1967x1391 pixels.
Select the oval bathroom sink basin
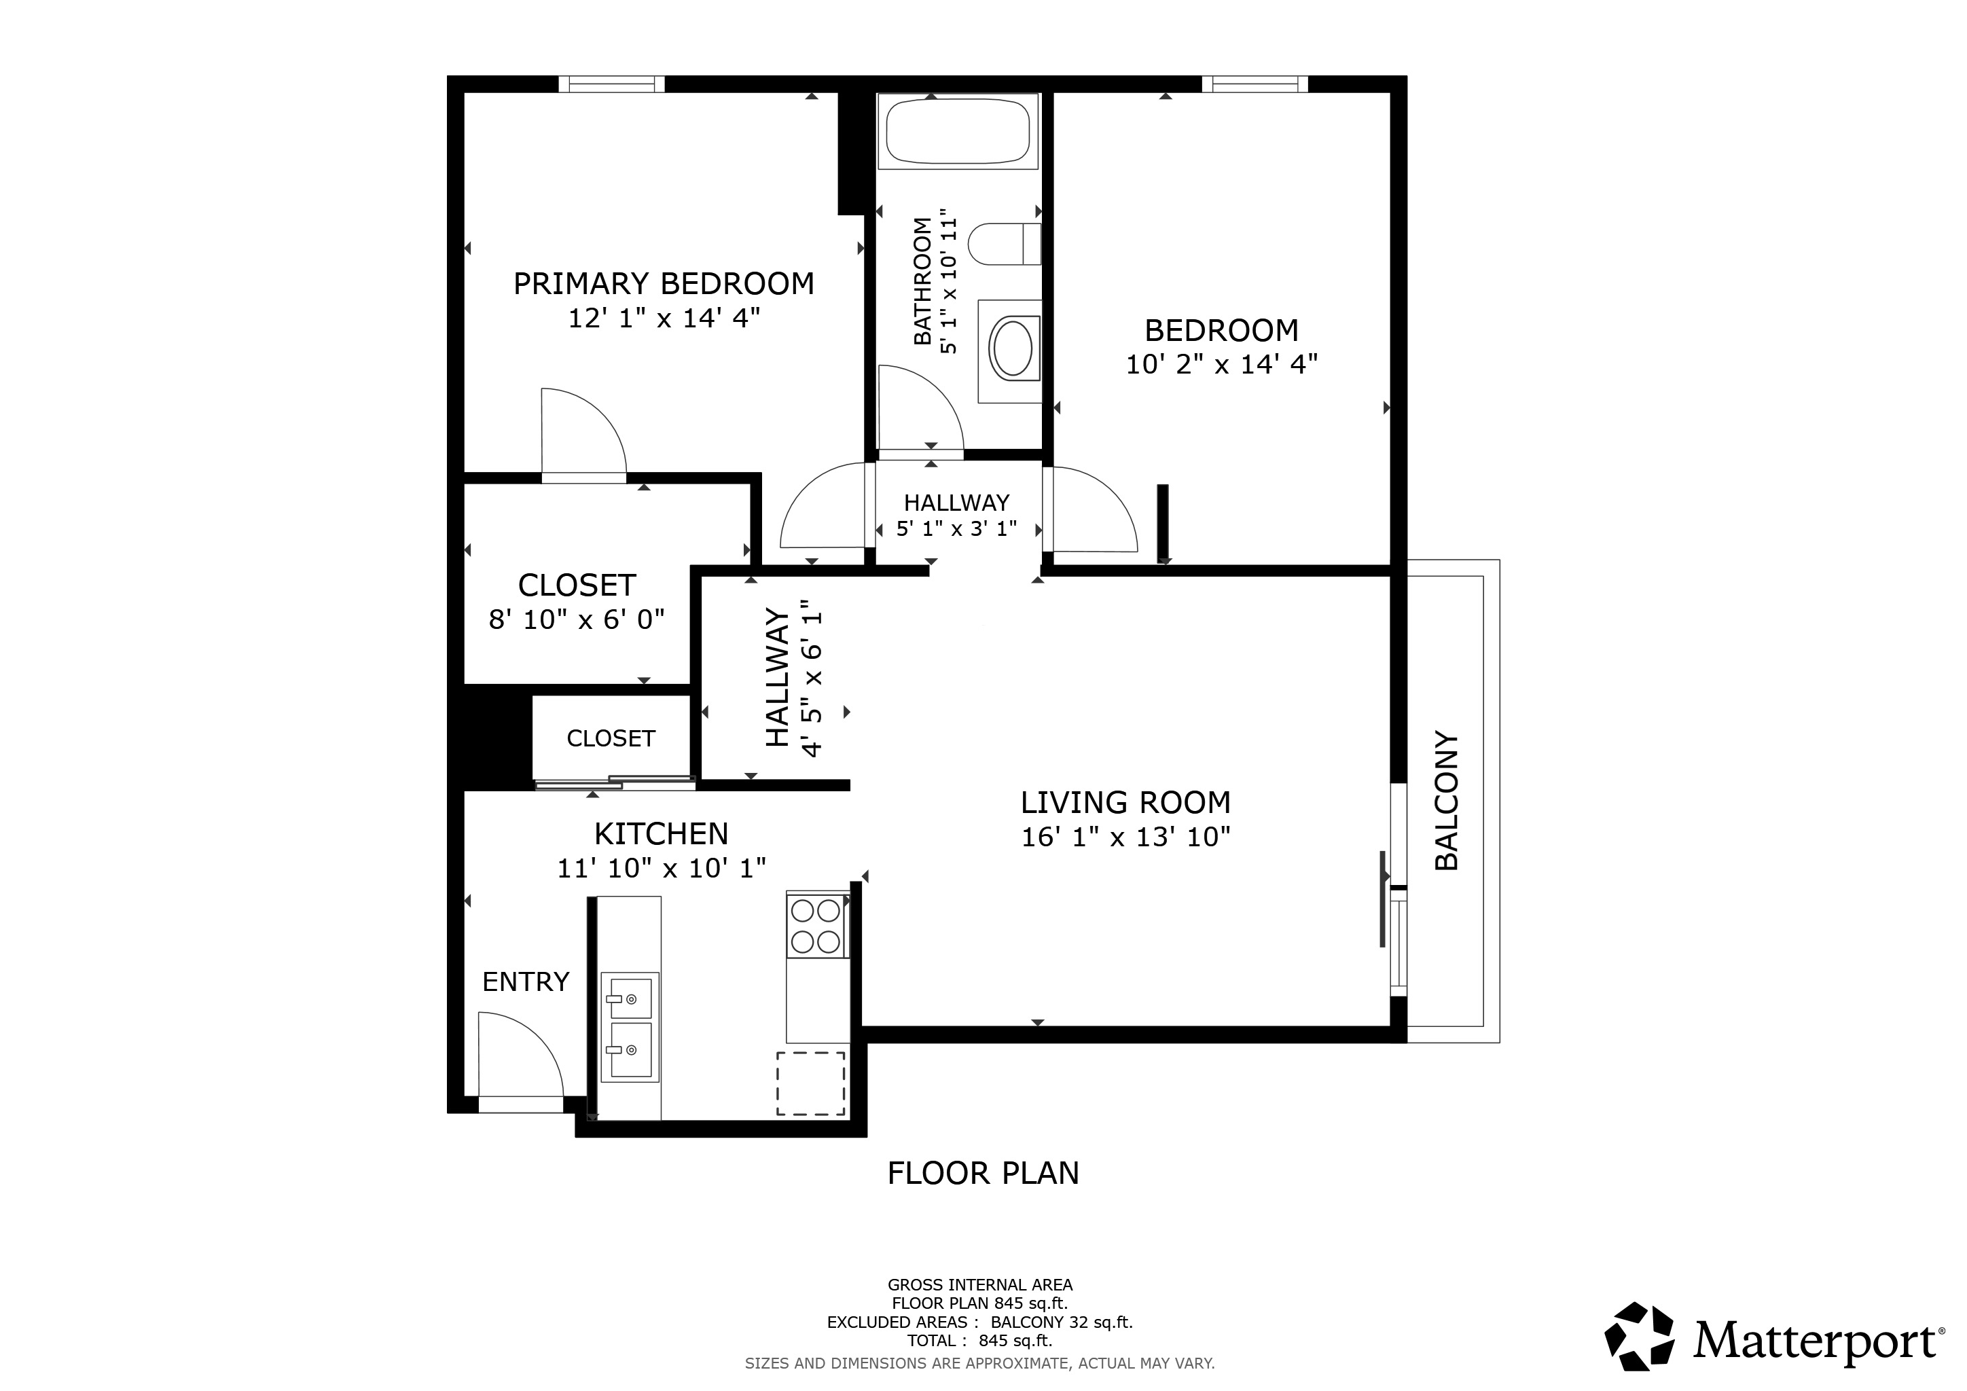(x=1012, y=347)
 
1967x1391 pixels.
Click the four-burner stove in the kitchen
(x=817, y=926)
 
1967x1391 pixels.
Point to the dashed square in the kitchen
(x=810, y=1083)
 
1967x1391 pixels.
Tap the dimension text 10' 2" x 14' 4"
(x=1221, y=365)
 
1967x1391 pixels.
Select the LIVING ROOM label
(x=1125, y=803)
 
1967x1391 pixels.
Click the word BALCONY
(x=1446, y=801)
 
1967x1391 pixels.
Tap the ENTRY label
(x=526, y=981)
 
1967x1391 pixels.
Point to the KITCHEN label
(x=662, y=833)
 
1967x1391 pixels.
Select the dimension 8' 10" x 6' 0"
(x=577, y=619)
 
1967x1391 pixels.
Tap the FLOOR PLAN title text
(x=983, y=1174)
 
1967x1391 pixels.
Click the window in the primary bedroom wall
(x=612, y=84)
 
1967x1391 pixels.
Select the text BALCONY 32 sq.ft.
(x=1062, y=1322)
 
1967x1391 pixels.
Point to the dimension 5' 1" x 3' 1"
(x=957, y=528)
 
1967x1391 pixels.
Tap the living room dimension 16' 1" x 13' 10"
(x=1125, y=837)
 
